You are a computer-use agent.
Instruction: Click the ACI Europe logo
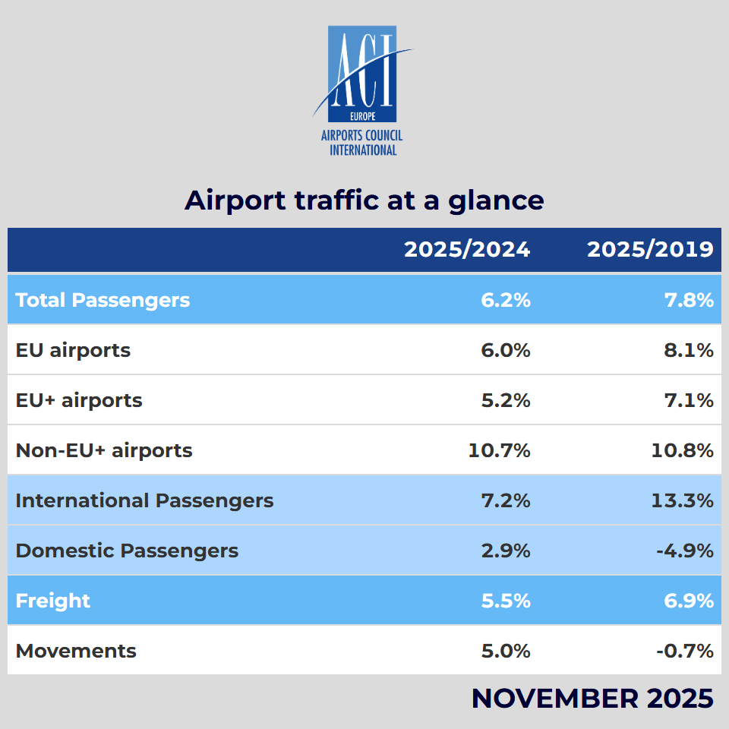363,90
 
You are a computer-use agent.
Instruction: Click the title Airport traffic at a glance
364,200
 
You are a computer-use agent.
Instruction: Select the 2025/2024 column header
467,249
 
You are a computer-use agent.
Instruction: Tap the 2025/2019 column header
650,249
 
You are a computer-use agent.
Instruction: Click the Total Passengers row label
103,300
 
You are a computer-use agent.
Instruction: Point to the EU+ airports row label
79,400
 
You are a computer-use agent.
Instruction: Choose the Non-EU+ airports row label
104,450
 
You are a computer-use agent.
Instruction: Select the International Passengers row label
144,500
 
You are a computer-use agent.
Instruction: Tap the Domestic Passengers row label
127,551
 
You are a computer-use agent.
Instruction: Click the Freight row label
53,601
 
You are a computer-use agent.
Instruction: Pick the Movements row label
76,651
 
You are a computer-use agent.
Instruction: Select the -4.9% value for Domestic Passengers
685,551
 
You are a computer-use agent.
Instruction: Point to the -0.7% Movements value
685,651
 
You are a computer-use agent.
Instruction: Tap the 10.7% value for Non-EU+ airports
499,450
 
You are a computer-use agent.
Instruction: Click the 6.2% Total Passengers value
506,300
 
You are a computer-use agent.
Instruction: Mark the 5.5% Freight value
506,601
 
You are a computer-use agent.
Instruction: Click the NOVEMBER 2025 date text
592,698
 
